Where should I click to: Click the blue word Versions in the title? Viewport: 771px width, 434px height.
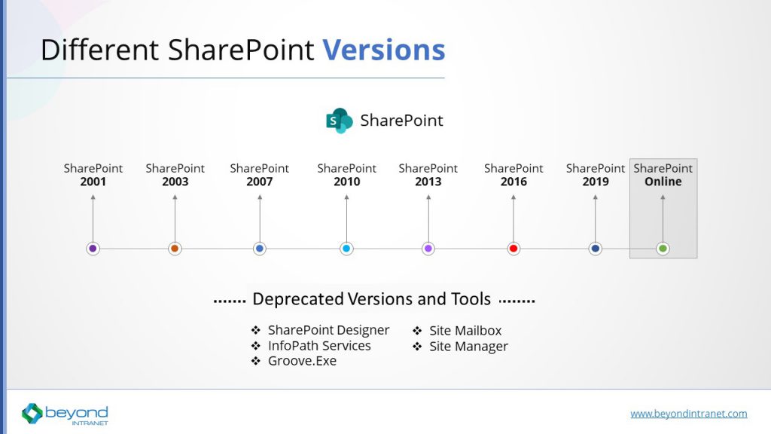point(383,50)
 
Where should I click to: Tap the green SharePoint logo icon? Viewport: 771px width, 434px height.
point(340,121)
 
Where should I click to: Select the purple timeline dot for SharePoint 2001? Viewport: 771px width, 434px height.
point(93,249)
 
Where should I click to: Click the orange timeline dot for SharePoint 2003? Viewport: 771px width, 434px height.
point(175,249)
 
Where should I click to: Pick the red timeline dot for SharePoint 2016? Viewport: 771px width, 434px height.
point(513,249)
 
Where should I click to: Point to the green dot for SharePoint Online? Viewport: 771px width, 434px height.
point(663,249)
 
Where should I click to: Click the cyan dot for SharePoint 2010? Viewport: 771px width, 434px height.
point(346,249)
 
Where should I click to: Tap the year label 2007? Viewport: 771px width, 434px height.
point(260,182)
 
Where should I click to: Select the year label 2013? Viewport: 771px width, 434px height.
point(428,182)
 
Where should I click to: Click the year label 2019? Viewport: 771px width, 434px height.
point(596,182)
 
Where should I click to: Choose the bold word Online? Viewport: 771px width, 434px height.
point(663,182)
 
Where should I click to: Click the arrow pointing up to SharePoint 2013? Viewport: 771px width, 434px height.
point(428,219)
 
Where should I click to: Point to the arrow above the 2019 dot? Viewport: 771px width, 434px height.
point(596,219)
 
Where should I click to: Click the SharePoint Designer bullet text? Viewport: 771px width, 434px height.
point(328,330)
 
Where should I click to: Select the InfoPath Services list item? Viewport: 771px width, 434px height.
point(319,346)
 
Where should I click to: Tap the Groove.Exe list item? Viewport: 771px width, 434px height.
point(302,361)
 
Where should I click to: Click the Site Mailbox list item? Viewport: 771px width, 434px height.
point(465,331)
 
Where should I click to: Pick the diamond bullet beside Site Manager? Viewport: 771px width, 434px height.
point(417,347)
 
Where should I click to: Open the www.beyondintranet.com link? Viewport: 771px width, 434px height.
point(689,414)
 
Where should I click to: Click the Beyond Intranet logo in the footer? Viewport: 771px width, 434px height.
point(65,414)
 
